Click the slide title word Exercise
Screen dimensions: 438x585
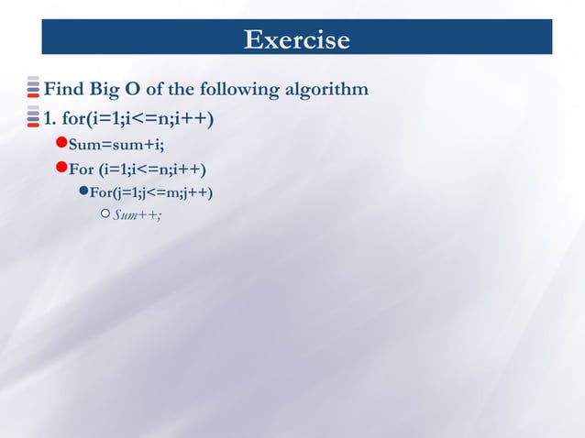tap(296, 40)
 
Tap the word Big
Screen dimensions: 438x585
tap(105, 89)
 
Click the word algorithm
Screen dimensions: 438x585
tap(327, 89)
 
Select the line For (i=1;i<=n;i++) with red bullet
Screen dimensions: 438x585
tap(138, 170)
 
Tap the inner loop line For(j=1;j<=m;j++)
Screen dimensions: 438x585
tap(151, 192)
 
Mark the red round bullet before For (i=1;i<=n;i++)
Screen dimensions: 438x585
tap(61, 168)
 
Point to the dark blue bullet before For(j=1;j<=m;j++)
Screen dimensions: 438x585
tap(83, 192)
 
